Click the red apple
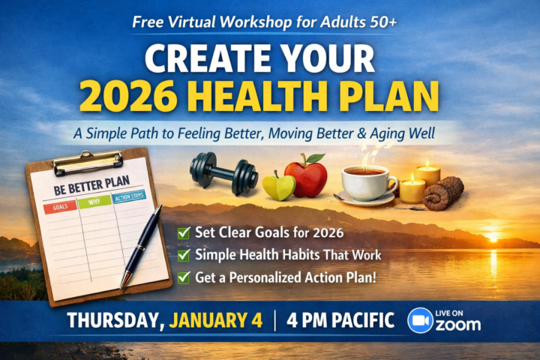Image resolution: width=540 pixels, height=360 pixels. (306, 177)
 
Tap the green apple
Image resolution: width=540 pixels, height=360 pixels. (279, 185)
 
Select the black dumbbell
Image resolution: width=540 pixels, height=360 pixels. (224, 172)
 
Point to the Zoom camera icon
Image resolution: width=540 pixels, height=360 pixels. (420, 320)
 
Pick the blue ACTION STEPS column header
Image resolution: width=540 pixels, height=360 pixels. (129, 198)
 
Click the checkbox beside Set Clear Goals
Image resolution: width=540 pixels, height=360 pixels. (183, 232)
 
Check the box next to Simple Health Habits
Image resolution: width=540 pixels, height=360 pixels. (183, 255)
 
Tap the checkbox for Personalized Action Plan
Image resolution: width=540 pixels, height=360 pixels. (183, 277)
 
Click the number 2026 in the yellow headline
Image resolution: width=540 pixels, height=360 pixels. (139, 95)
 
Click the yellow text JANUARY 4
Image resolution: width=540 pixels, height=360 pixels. (216, 320)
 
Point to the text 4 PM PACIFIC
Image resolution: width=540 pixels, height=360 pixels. (341, 320)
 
